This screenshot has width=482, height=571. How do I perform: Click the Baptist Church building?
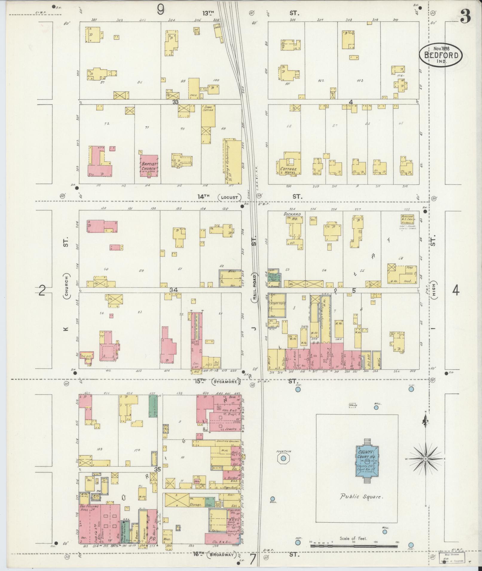click(149, 166)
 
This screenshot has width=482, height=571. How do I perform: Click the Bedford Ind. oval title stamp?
click(440, 55)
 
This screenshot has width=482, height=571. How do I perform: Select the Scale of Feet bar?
click(354, 546)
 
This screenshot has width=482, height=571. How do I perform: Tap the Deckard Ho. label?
click(293, 216)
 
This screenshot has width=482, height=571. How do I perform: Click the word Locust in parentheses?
click(229, 197)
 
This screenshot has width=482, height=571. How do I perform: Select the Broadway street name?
click(222, 555)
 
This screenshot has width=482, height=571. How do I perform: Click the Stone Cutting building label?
click(208, 108)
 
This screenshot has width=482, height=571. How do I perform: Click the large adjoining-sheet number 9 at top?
click(160, 11)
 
